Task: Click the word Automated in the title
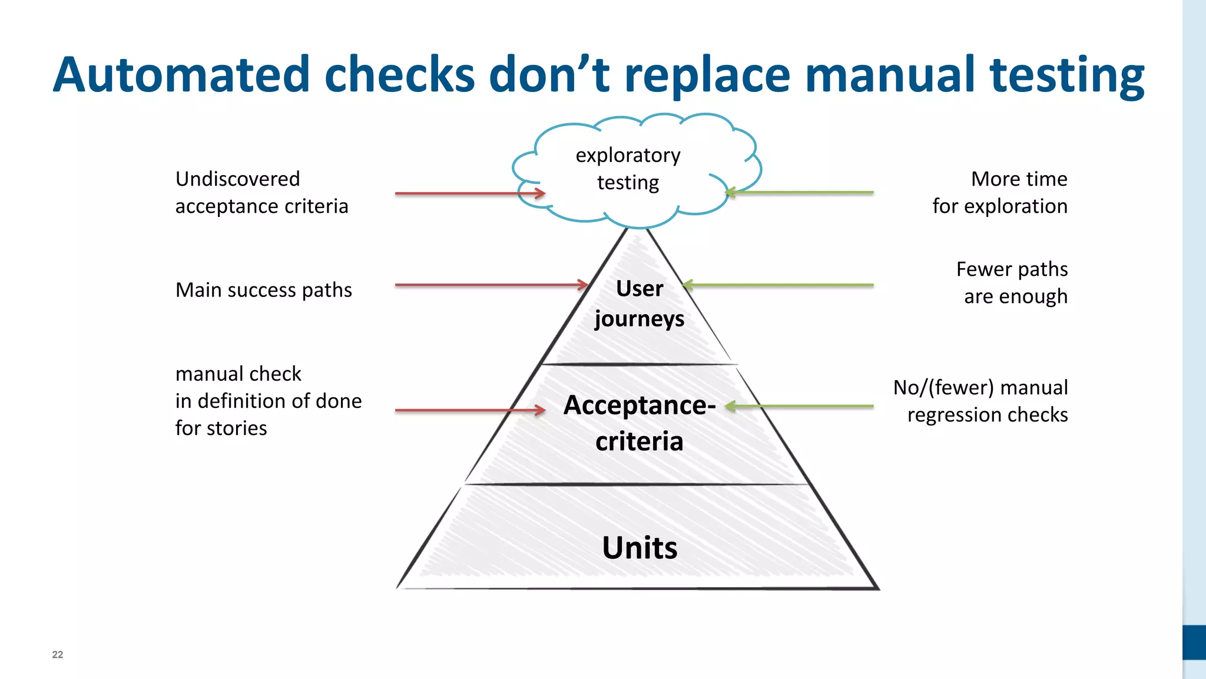click(181, 75)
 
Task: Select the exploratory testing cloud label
click(628, 169)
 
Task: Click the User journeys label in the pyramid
click(640, 304)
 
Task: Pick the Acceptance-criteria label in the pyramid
click(640, 423)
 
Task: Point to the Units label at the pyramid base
click(640, 548)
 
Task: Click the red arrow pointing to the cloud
click(470, 193)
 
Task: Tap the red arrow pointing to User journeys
click(491, 285)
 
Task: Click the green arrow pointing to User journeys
click(777, 285)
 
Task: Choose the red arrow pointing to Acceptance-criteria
click(470, 410)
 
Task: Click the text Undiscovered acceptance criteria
click(261, 193)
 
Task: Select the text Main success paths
click(263, 290)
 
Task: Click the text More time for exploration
click(1000, 193)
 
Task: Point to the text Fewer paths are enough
click(1012, 283)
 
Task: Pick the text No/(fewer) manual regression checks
click(980, 401)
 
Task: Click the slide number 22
click(58, 654)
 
